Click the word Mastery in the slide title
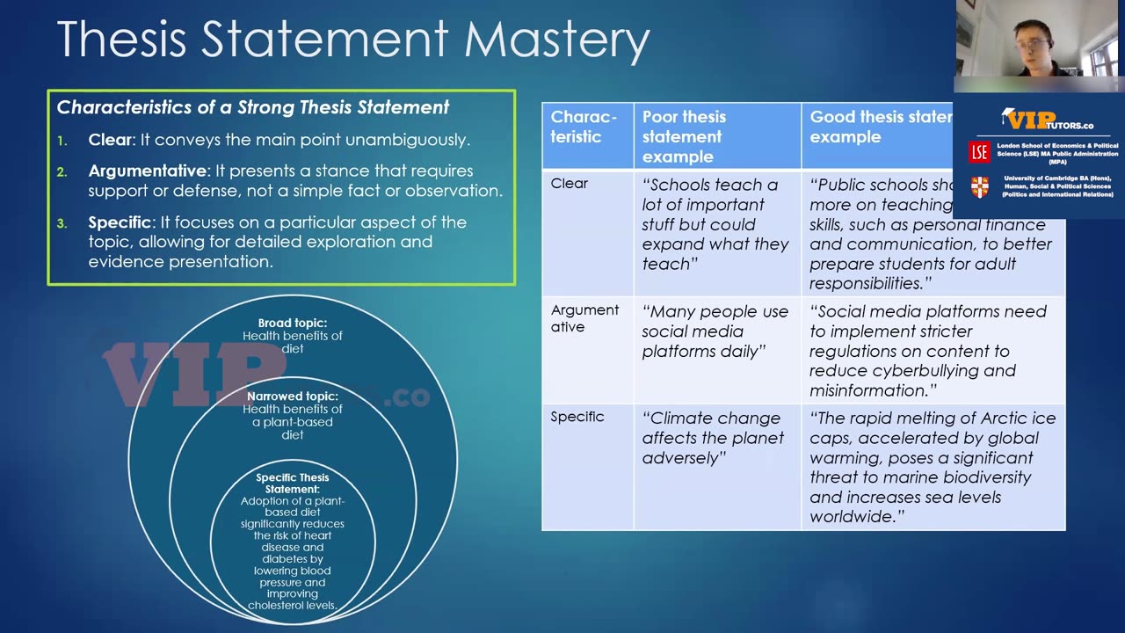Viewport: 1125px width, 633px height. pyautogui.click(x=556, y=39)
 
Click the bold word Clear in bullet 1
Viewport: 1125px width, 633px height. pyautogui.click(x=109, y=140)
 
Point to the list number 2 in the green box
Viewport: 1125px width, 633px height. pyautogui.click(x=62, y=171)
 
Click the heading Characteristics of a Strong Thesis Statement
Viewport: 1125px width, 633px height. pyautogui.click(x=253, y=107)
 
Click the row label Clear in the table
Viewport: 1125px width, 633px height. pyautogui.click(x=570, y=183)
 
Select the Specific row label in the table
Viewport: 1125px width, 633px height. pyautogui.click(x=577, y=417)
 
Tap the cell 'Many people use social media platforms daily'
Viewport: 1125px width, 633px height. pyautogui.click(x=715, y=331)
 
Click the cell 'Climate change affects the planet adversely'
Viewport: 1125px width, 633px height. pyautogui.click(x=713, y=438)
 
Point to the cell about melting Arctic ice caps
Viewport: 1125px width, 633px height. pyautogui.click(x=933, y=467)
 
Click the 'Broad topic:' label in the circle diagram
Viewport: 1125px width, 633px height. pyautogui.click(x=293, y=324)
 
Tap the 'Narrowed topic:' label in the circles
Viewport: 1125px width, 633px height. pyautogui.click(x=293, y=397)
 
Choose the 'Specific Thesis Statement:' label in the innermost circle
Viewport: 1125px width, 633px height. pyautogui.click(x=293, y=483)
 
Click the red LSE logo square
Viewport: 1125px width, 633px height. pyautogui.click(x=979, y=151)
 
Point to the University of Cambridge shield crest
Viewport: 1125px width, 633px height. pyautogui.click(x=979, y=186)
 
